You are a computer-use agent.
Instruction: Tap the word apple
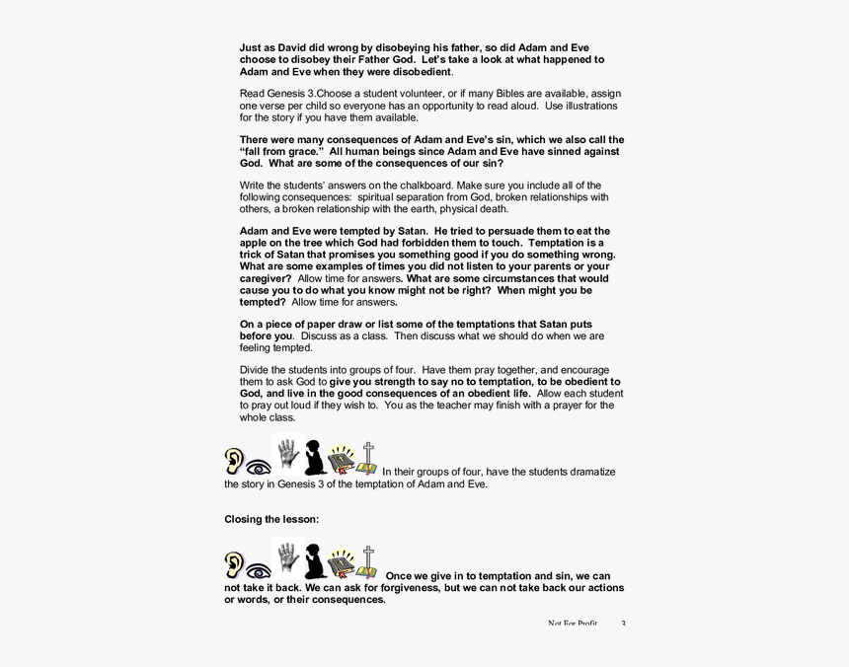tap(256, 242)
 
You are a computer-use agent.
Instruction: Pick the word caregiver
tap(266, 278)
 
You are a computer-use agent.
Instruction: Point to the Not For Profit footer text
tap(573, 624)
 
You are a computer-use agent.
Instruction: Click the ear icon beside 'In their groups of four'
tap(234, 460)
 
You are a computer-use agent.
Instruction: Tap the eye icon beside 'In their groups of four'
tap(259, 467)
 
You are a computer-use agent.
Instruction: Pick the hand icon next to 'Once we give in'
tap(286, 557)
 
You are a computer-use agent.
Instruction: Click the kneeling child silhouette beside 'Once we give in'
tap(315, 561)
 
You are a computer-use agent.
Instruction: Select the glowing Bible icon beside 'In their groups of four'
tap(341, 460)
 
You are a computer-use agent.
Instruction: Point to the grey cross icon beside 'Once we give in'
tap(367, 561)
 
